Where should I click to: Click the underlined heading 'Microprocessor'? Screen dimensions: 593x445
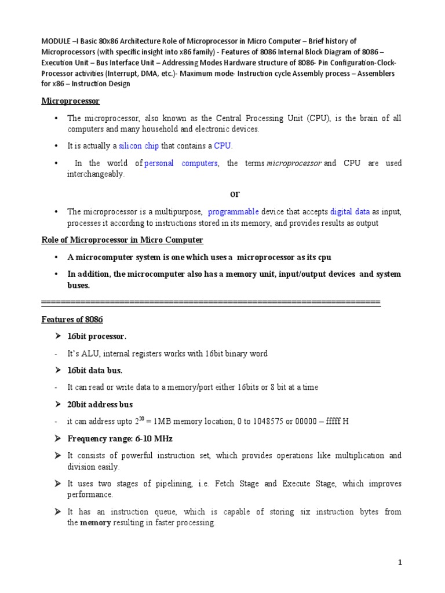(x=71, y=101)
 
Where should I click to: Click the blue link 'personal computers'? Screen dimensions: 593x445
(x=181, y=163)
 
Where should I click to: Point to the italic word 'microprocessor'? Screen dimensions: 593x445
(x=294, y=163)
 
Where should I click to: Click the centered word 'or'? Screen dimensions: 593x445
(x=235, y=193)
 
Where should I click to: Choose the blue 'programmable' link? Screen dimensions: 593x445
(x=233, y=212)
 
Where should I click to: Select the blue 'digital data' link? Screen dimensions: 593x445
(x=350, y=212)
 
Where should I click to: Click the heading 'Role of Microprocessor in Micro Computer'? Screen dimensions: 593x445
(x=122, y=240)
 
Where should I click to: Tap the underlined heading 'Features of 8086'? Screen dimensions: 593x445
(x=72, y=320)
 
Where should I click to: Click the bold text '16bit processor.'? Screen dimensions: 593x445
(x=97, y=336)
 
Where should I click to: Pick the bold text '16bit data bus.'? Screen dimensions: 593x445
(x=95, y=370)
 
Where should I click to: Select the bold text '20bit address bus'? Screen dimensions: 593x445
(x=100, y=404)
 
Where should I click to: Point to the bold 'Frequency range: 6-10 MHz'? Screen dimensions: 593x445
(x=120, y=438)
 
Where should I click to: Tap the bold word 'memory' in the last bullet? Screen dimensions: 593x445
(x=95, y=523)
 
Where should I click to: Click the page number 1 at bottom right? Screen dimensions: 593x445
(x=400, y=562)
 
